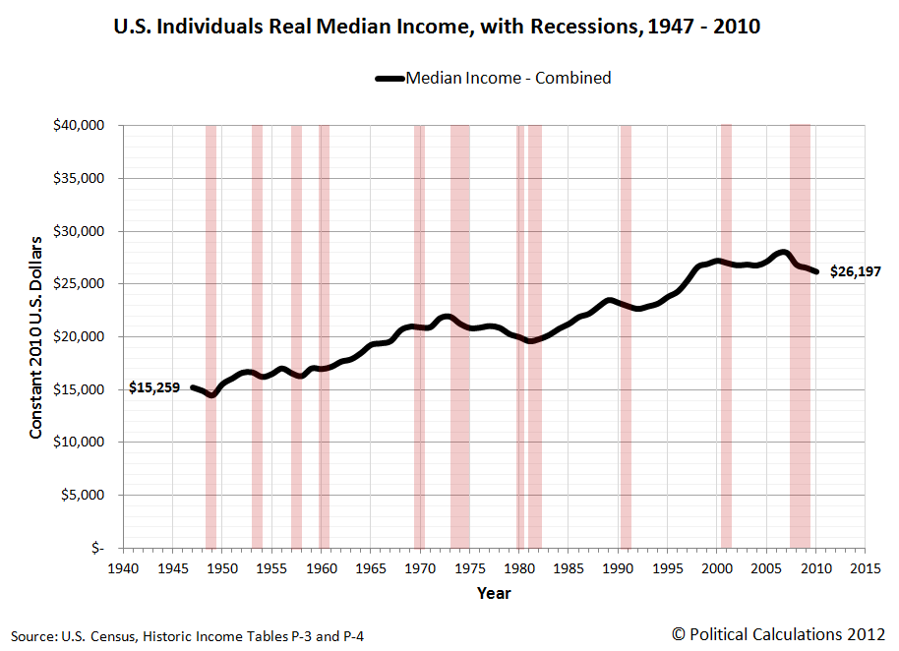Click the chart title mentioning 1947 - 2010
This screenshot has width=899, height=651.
point(438,27)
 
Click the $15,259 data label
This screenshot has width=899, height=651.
point(154,388)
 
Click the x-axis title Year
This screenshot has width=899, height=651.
point(494,593)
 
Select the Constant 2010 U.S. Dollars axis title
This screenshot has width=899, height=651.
point(36,336)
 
